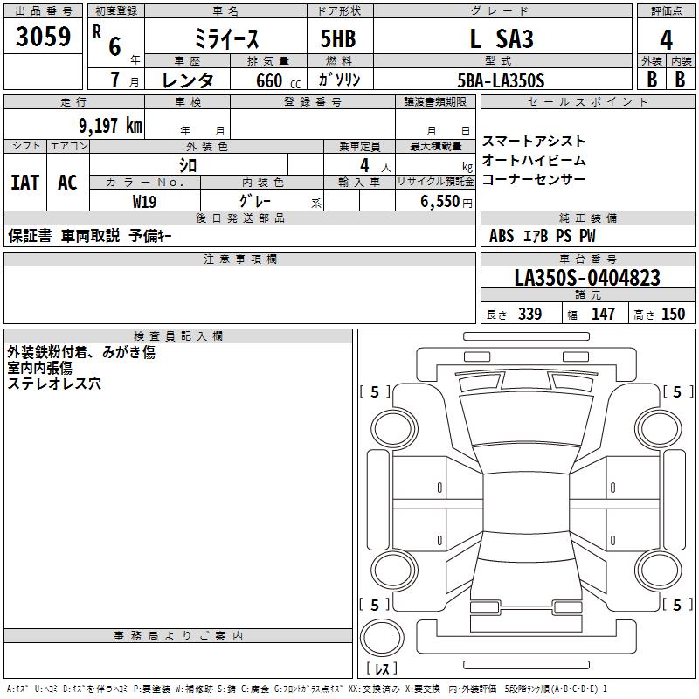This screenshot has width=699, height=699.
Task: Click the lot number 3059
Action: click(43, 37)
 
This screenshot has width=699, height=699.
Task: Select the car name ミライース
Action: click(226, 39)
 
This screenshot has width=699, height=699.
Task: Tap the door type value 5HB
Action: click(338, 38)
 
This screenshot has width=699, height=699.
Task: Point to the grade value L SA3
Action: click(502, 38)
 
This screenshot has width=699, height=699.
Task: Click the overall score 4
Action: click(666, 40)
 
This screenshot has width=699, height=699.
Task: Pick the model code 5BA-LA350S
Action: click(501, 80)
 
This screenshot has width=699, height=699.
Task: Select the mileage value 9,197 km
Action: click(111, 126)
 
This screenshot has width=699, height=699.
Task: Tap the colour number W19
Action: click(144, 202)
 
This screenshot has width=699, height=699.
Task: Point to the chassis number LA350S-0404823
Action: click(587, 278)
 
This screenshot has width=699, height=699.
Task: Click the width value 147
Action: click(603, 314)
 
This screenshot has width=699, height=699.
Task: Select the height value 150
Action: click(673, 314)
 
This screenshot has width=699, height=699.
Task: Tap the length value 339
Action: click(530, 314)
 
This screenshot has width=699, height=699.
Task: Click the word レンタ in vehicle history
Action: click(188, 80)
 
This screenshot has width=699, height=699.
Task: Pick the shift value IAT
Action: click(25, 183)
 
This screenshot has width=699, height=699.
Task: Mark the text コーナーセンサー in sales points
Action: click(534, 179)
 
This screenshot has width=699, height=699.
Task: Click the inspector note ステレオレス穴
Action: click(54, 384)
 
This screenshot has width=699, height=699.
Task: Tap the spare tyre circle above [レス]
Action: click(382, 638)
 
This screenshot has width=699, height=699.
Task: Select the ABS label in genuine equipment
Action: click(502, 236)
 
